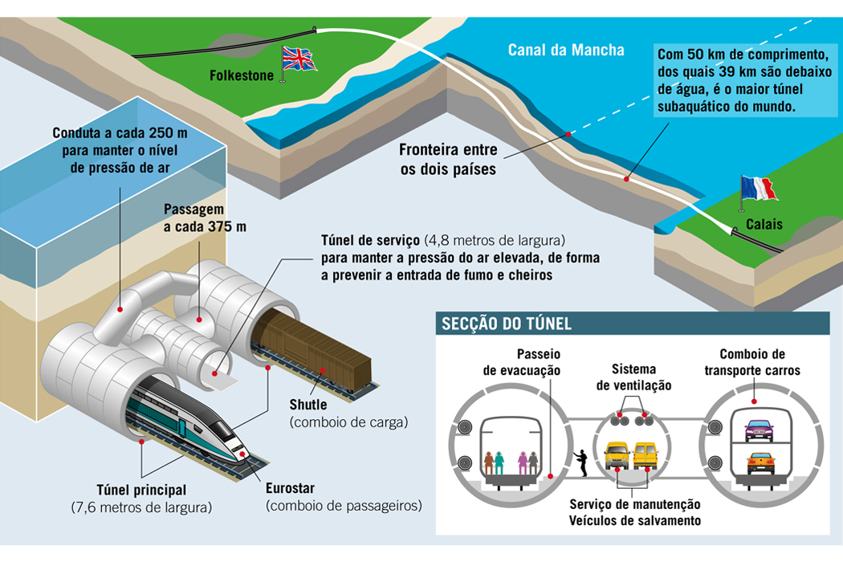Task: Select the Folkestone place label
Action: (x=242, y=77)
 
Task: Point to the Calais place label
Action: (x=763, y=224)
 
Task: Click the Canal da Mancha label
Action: (x=565, y=51)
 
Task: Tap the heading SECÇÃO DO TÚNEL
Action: (x=507, y=324)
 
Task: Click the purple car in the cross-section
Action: (x=759, y=430)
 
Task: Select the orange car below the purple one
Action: (x=760, y=462)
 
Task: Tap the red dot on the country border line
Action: (x=568, y=134)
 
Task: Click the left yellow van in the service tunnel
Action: (x=617, y=455)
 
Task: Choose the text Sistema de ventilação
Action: (x=633, y=377)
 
